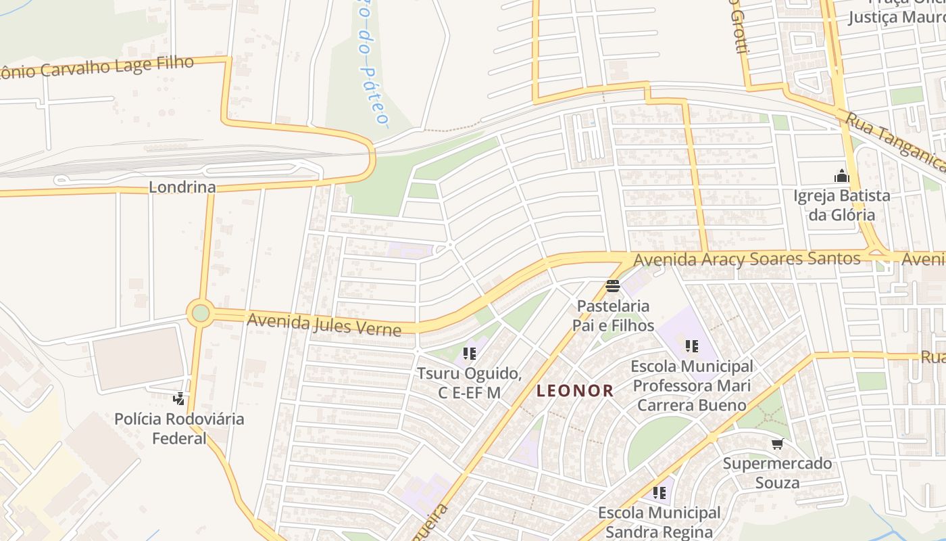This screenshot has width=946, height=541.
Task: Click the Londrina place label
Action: click(x=182, y=187)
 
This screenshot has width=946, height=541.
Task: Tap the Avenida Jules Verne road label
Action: click(x=324, y=324)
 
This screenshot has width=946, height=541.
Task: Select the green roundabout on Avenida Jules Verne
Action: click(x=201, y=313)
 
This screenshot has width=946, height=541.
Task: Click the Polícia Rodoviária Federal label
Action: click(x=179, y=428)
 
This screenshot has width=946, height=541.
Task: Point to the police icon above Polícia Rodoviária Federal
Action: click(x=179, y=398)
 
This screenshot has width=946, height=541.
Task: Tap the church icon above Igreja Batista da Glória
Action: click(x=841, y=176)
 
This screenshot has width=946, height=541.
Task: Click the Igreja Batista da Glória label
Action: click(x=842, y=206)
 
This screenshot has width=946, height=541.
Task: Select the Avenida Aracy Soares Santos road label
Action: click(x=747, y=259)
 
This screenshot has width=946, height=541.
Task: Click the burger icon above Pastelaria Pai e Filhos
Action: click(x=613, y=286)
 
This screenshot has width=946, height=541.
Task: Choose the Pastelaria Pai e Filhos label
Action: click(x=613, y=316)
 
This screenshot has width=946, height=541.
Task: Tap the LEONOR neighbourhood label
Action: click(x=575, y=390)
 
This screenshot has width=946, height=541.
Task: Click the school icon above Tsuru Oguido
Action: click(x=470, y=353)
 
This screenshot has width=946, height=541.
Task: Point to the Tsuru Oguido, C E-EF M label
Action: click(x=470, y=383)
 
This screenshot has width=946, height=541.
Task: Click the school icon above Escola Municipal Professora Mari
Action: click(x=691, y=346)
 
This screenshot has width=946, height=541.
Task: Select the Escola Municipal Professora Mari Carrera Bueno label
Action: click(x=691, y=385)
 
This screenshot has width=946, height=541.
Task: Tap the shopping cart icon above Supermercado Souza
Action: click(x=777, y=444)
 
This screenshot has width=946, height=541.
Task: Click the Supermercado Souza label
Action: click(x=777, y=473)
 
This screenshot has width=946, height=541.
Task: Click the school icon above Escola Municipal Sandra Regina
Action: click(x=659, y=493)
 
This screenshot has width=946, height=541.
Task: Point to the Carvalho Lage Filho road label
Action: click(x=98, y=68)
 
